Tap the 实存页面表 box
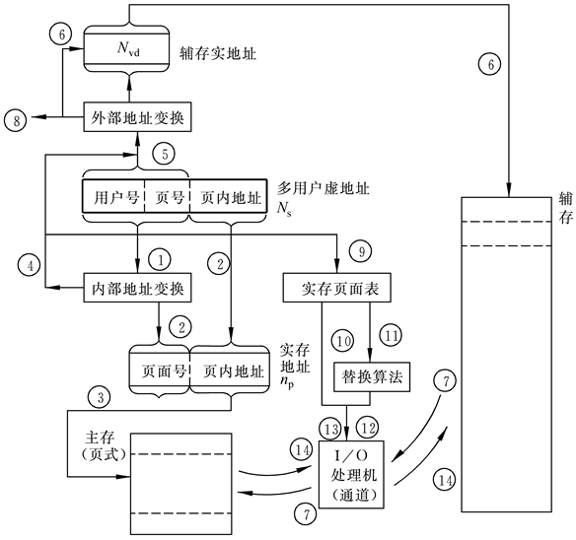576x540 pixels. (337, 289)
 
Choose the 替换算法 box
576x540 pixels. (370, 376)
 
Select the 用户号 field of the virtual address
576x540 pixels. (112, 196)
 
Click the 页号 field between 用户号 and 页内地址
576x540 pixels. (167, 196)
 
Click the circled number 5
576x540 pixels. (163, 155)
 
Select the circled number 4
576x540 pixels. (30, 264)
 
